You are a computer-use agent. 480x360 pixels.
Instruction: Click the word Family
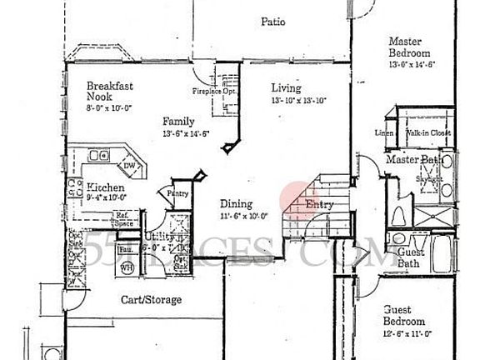click(178, 121)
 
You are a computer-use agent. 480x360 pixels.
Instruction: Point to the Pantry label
click(178, 194)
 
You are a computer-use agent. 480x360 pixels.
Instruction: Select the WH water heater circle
click(127, 267)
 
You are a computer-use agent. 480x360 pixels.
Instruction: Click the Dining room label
click(237, 204)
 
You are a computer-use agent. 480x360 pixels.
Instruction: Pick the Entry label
click(320, 204)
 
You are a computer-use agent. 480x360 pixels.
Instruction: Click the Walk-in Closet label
click(428, 132)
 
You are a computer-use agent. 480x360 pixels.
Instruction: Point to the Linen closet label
click(384, 132)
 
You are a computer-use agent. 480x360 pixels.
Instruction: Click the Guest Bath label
click(408, 258)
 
